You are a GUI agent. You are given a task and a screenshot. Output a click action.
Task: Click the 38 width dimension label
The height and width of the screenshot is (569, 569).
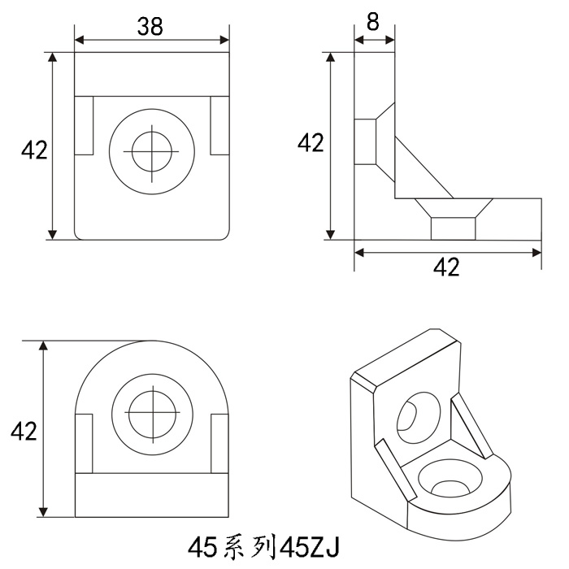point(150,26)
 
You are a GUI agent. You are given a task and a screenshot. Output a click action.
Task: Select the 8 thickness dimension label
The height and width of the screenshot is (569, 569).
point(372,21)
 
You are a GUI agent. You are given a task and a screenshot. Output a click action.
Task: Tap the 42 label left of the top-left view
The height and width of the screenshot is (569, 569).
point(34,150)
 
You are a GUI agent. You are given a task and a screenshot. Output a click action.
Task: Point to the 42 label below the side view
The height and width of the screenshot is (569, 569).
point(446,267)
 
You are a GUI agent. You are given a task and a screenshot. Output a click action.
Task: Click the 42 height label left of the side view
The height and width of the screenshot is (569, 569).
point(311,142)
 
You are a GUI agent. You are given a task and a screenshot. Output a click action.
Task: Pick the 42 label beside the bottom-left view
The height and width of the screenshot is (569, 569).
point(24,431)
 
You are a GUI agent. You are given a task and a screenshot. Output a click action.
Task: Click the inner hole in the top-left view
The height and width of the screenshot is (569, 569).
point(152,152)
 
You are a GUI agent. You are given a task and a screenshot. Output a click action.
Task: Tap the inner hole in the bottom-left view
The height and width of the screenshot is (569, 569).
point(153,414)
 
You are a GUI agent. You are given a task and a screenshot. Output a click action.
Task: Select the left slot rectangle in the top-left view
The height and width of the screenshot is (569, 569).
point(84,125)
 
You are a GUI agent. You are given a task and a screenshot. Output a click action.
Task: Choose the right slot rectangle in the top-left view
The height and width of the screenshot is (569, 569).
point(220,125)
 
